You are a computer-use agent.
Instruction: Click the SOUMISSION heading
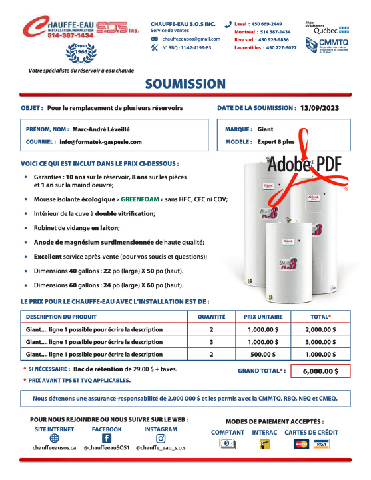[x=185, y=84]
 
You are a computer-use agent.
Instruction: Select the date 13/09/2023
[x=324, y=107]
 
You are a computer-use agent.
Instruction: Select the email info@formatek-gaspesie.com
[x=100, y=142]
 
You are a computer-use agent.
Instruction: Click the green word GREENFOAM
[x=138, y=199]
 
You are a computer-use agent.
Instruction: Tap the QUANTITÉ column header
[x=211, y=317]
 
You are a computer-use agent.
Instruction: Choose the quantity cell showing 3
[x=211, y=342]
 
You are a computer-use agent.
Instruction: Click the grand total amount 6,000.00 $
[x=320, y=371]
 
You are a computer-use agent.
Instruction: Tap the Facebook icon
[x=107, y=439]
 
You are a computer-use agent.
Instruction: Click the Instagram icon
[x=161, y=439]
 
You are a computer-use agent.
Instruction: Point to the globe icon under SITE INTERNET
[x=54, y=439]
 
